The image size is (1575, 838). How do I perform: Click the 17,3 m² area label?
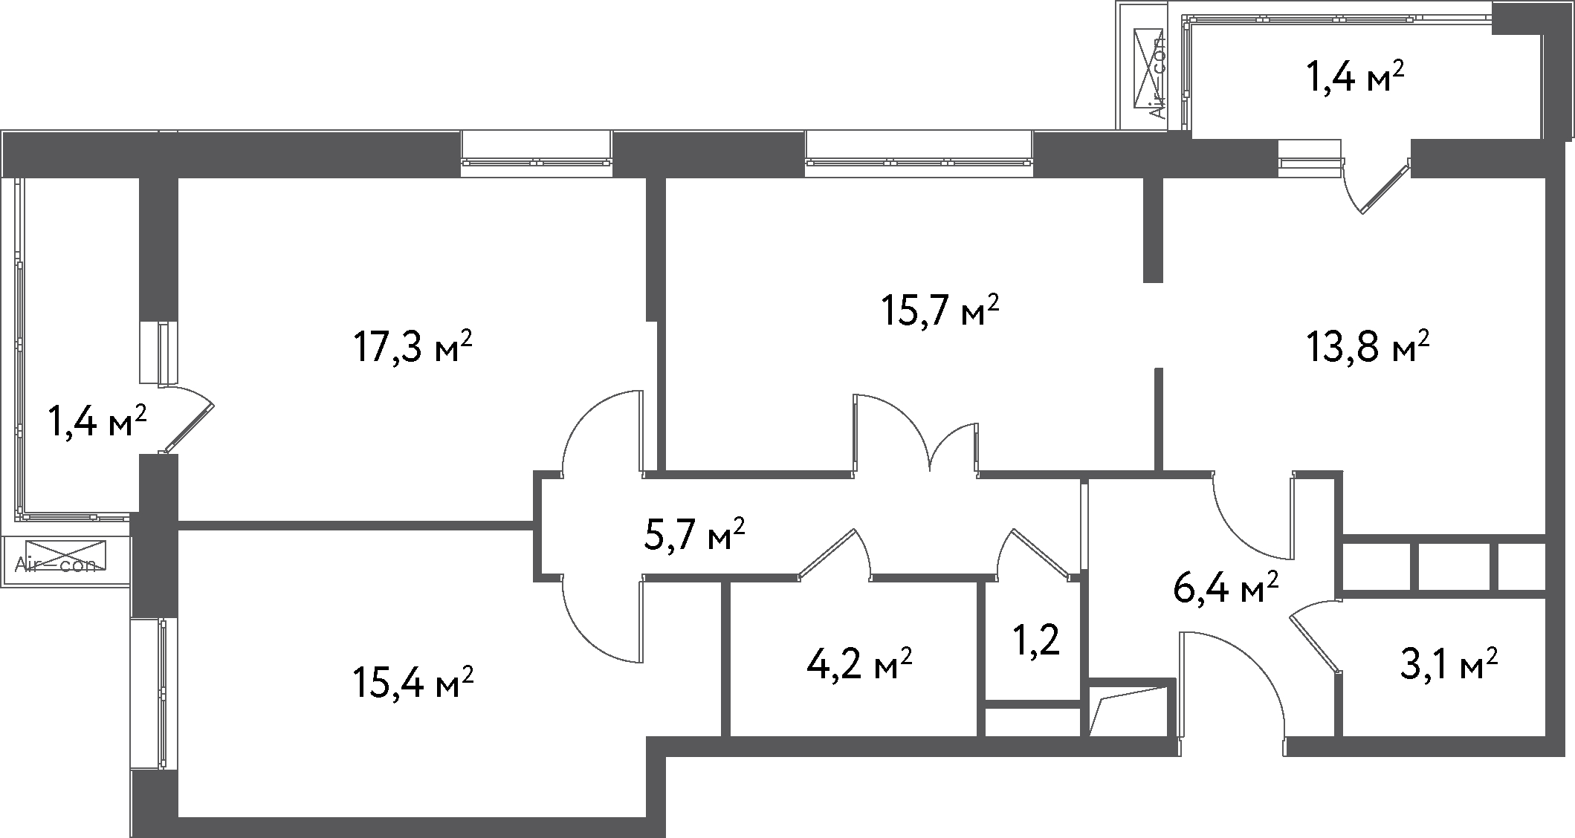(x=413, y=348)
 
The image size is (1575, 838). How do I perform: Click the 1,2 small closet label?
(x=1036, y=641)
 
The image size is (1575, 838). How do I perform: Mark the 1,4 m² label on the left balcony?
(x=97, y=422)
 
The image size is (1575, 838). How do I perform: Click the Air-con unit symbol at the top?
(x=1149, y=74)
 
